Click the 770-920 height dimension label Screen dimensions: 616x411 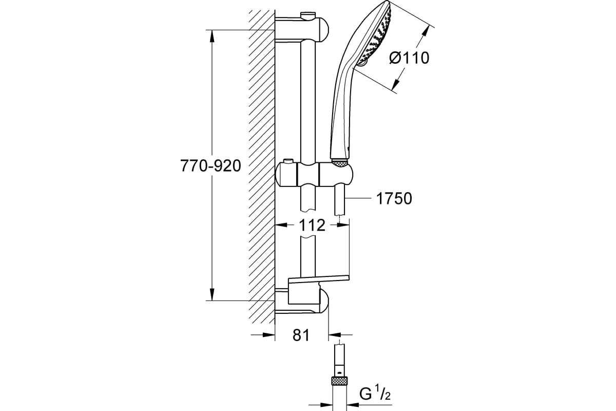coord(210,166)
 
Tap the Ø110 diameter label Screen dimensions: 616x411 coord(409,58)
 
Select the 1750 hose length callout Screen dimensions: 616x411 coord(394,198)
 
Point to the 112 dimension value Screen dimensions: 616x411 coord(312,225)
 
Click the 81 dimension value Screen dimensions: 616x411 coord(301,335)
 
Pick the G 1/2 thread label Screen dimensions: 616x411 coord(375,394)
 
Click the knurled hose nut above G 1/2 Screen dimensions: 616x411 coord(340,382)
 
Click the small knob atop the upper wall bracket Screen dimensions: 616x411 coord(309,15)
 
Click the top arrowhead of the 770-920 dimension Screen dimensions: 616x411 coord(211,36)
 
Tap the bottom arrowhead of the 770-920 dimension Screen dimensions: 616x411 coord(211,294)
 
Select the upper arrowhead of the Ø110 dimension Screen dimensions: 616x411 coord(425,32)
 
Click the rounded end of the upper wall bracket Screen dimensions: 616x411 coord(325,29)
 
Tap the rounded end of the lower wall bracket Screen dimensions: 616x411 coord(325,301)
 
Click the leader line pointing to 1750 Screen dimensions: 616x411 coord(358,198)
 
